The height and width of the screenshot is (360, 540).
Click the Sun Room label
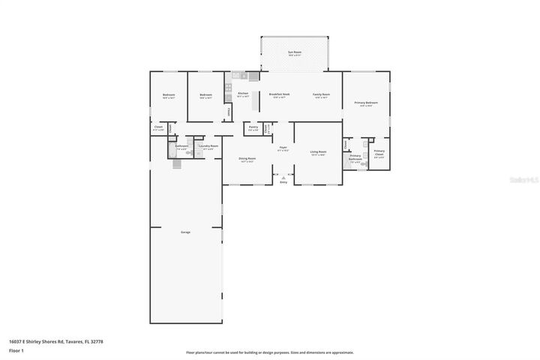(295, 52)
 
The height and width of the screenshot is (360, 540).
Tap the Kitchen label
(242, 94)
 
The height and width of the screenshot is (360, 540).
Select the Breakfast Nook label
(280, 94)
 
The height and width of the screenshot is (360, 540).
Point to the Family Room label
(322, 94)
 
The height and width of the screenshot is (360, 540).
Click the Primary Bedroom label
(366, 103)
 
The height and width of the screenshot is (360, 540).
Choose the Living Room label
(318, 152)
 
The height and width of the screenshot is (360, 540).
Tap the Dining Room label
(247, 159)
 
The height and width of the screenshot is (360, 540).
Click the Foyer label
(283, 148)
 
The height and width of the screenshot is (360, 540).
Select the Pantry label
(253, 127)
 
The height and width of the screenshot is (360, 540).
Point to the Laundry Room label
(208, 146)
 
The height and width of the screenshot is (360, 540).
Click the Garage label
(185, 232)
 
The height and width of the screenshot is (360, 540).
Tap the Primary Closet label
(379, 152)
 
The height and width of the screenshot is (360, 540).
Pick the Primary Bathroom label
(355, 157)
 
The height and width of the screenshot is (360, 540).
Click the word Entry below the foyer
(283, 182)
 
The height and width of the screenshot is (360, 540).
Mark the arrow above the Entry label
(283, 177)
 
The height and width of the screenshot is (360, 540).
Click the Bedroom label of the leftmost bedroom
(169, 95)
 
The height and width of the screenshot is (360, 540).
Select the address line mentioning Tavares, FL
(55, 341)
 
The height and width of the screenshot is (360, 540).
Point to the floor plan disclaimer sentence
(270, 352)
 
